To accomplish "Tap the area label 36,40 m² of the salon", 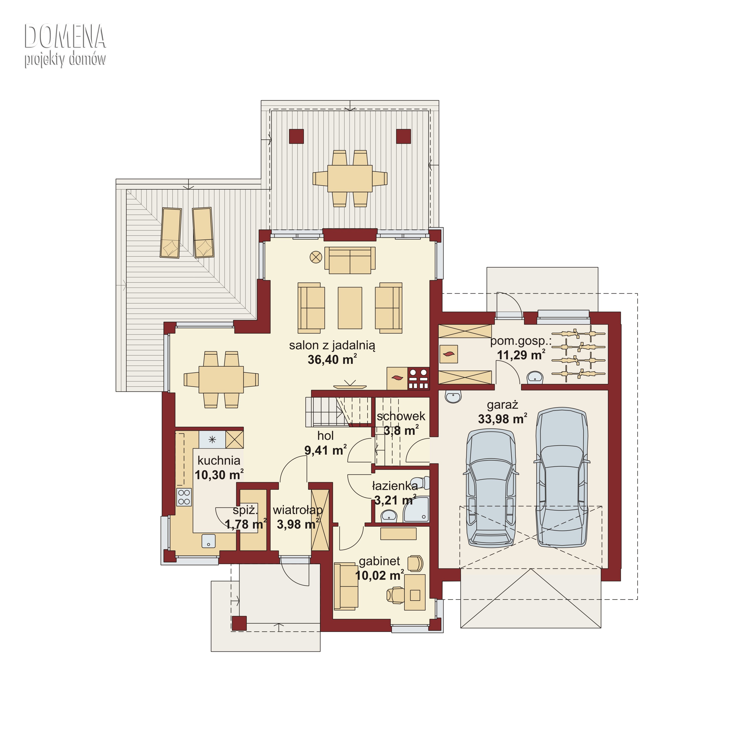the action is pyautogui.click(x=332, y=359).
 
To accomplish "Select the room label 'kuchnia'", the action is pyautogui.click(x=219, y=460).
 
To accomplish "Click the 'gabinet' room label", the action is pyautogui.click(x=379, y=561).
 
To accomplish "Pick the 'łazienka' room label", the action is pyautogui.click(x=395, y=486).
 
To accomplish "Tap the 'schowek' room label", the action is pyautogui.click(x=401, y=416).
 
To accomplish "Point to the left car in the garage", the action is pyautogui.click(x=491, y=488).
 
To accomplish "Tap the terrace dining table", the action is pyautogui.click(x=350, y=179).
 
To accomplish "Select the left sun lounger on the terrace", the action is pyautogui.click(x=171, y=233).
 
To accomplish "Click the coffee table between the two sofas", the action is pyautogui.click(x=350, y=308).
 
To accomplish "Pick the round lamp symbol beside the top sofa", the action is pyautogui.click(x=316, y=257).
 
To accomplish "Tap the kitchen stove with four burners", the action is pyautogui.click(x=184, y=497).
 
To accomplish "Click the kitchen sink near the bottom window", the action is pyautogui.click(x=209, y=541).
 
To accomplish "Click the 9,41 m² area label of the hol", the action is pyautogui.click(x=325, y=450).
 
